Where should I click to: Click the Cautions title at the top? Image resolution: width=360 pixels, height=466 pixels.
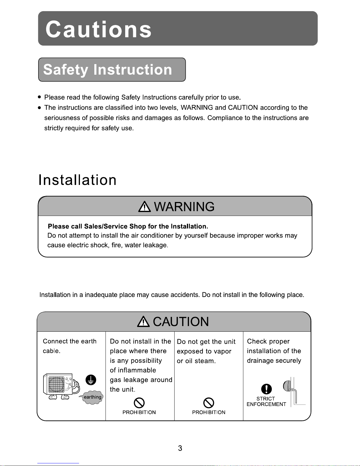[98, 29]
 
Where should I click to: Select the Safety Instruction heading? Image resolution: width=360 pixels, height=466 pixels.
[108, 70]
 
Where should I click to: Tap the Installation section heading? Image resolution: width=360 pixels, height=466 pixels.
[78, 180]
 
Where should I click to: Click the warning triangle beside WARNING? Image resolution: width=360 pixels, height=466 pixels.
[144, 207]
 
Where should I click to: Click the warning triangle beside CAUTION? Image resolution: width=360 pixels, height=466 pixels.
[143, 322]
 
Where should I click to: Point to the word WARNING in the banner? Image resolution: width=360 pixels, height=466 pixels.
[184, 207]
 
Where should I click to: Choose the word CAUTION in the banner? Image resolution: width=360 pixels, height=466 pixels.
[181, 322]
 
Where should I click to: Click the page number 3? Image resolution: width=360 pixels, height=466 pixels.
[180, 448]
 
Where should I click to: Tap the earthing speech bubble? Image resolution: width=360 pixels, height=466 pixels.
[92, 397]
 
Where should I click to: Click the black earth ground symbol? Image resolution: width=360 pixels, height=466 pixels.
[91, 380]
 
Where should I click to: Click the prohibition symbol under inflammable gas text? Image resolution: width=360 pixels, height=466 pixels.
[139, 402]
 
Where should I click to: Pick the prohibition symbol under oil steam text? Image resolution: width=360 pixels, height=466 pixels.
[209, 402]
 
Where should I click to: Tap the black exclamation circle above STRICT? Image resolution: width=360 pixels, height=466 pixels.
[266, 389]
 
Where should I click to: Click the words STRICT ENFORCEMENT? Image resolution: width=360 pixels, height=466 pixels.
[266, 402]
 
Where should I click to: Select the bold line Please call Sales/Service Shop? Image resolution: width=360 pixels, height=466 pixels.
[128, 226]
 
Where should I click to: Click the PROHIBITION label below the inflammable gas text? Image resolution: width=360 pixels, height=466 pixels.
[139, 412]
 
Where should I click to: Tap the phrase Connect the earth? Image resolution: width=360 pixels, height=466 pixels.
[70, 341]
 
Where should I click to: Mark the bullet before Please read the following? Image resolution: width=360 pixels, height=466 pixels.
[39, 97]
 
